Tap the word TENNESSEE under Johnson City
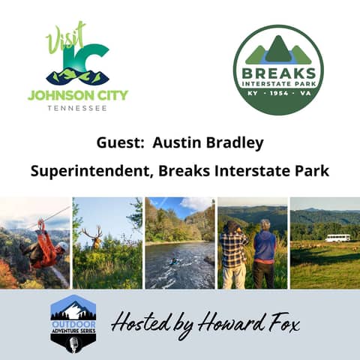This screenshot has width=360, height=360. pyautogui.click(x=78, y=107)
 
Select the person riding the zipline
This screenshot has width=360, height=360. pyautogui.click(x=45, y=250)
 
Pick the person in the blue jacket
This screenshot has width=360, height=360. pyautogui.click(x=264, y=251)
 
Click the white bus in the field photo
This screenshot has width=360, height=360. pyautogui.click(x=337, y=238)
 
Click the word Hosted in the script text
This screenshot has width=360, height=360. pyautogui.click(x=139, y=323)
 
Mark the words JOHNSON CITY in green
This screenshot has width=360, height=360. pyautogui.click(x=78, y=95)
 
